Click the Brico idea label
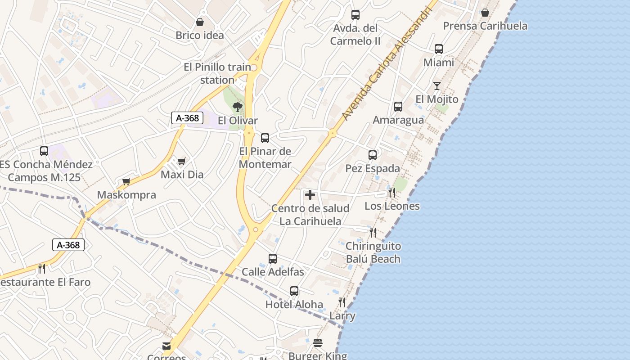(200, 35)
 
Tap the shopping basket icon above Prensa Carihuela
(485, 13)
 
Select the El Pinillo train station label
(217, 73)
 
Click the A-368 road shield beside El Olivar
(187, 118)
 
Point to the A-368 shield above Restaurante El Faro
(68, 245)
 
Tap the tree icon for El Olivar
(238, 107)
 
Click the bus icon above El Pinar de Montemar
(265, 138)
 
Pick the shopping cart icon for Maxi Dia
(182, 161)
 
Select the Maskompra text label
(126, 195)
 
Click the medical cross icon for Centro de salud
(310, 195)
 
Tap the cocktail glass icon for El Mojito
(436, 85)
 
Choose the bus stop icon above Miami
(439, 49)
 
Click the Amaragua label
(398, 120)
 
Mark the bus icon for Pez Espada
(373, 155)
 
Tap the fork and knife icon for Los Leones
(392, 193)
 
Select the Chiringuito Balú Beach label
(373, 252)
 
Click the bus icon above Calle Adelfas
(273, 259)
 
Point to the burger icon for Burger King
(318, 343)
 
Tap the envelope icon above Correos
(166, 346)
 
